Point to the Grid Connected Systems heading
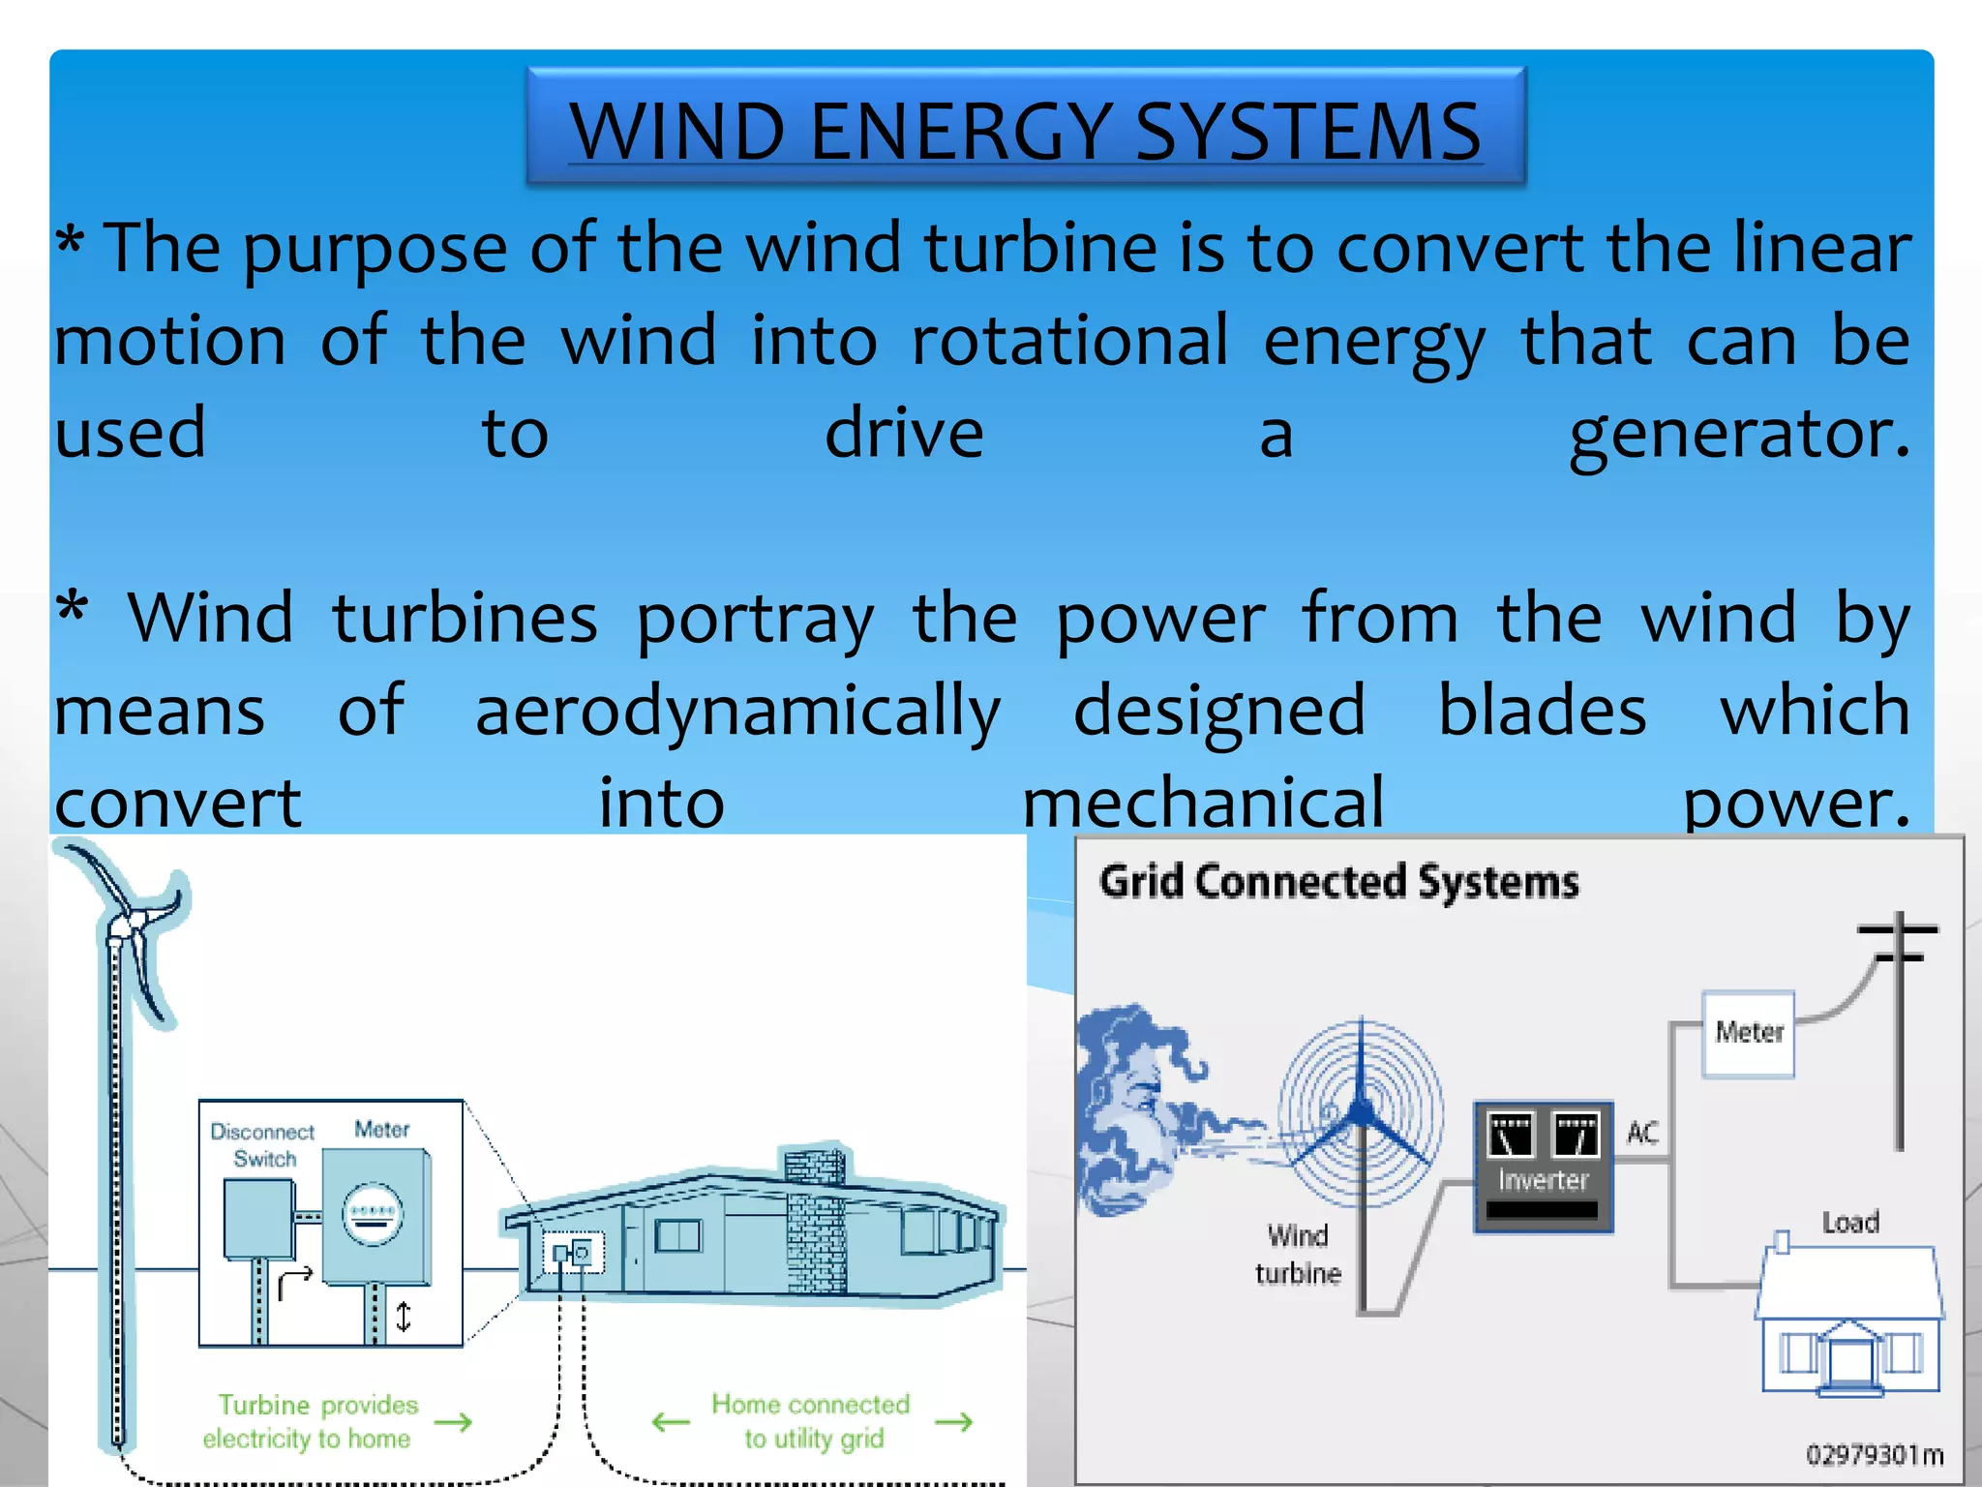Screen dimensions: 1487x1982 [x=1338, y=882]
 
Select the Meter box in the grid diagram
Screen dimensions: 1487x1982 [x=1748, y=1033]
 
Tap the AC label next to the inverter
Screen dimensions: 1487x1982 [x=1642, y=1132]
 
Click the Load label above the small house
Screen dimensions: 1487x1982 [x=1849, y=1222]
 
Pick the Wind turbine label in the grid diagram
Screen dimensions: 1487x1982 [x=1298, y=1254]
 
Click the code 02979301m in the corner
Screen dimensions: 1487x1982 [x=1874, y=1455]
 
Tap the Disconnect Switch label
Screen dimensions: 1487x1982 [x=263, y=1144]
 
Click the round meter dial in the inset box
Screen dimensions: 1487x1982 [x=373, y=1214]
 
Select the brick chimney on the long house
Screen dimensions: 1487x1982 [x=815, y=1220]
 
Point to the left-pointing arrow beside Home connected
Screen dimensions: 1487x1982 [x=671, y=1422]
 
